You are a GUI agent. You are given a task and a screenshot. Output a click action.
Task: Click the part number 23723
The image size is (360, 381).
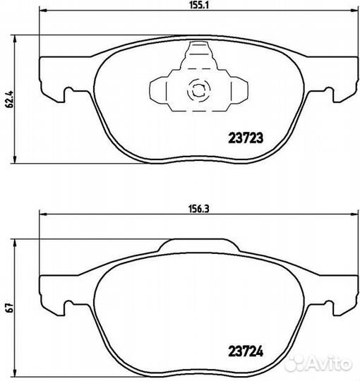pos(245,139)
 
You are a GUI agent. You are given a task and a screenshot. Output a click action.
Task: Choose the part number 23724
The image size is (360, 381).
pos(245,346)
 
